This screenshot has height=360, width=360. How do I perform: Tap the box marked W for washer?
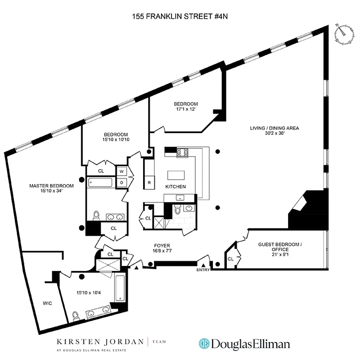(x=121, y=171)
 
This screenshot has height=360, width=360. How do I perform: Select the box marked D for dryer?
(x=121, y=183)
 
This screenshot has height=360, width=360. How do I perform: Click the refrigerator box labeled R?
(x=149, y=183)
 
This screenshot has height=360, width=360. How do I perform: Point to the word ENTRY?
(x=203, y=270)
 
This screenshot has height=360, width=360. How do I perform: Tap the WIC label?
(x=47, y=303)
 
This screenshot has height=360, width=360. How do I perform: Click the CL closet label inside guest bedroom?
(x=230, y=259)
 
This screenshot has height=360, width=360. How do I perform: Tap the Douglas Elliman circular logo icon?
(x=205, y=344)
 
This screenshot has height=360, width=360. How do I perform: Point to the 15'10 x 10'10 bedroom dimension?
(x=116, y=140)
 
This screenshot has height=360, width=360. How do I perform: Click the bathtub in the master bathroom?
(x=121, y=288)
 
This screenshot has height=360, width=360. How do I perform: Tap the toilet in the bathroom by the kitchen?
(x=178, y=210)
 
